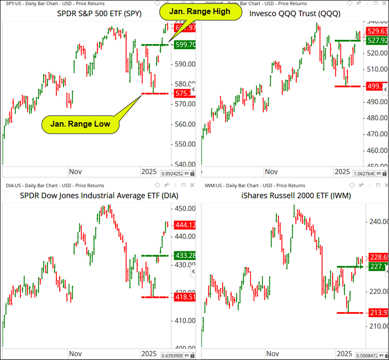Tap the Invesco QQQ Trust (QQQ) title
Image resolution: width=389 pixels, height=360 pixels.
294,14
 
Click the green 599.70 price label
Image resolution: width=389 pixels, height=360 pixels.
185,45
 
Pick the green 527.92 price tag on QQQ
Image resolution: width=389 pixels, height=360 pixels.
377,40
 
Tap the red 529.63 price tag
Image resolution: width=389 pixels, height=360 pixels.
377,32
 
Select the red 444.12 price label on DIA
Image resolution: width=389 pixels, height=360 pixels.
185,225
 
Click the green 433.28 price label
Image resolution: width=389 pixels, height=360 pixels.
185,255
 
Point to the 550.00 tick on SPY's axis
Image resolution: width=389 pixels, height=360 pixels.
184,144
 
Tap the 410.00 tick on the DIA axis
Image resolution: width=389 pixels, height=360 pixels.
184,320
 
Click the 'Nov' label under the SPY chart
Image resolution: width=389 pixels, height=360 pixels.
75,172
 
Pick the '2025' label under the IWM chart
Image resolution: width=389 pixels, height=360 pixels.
344,354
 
